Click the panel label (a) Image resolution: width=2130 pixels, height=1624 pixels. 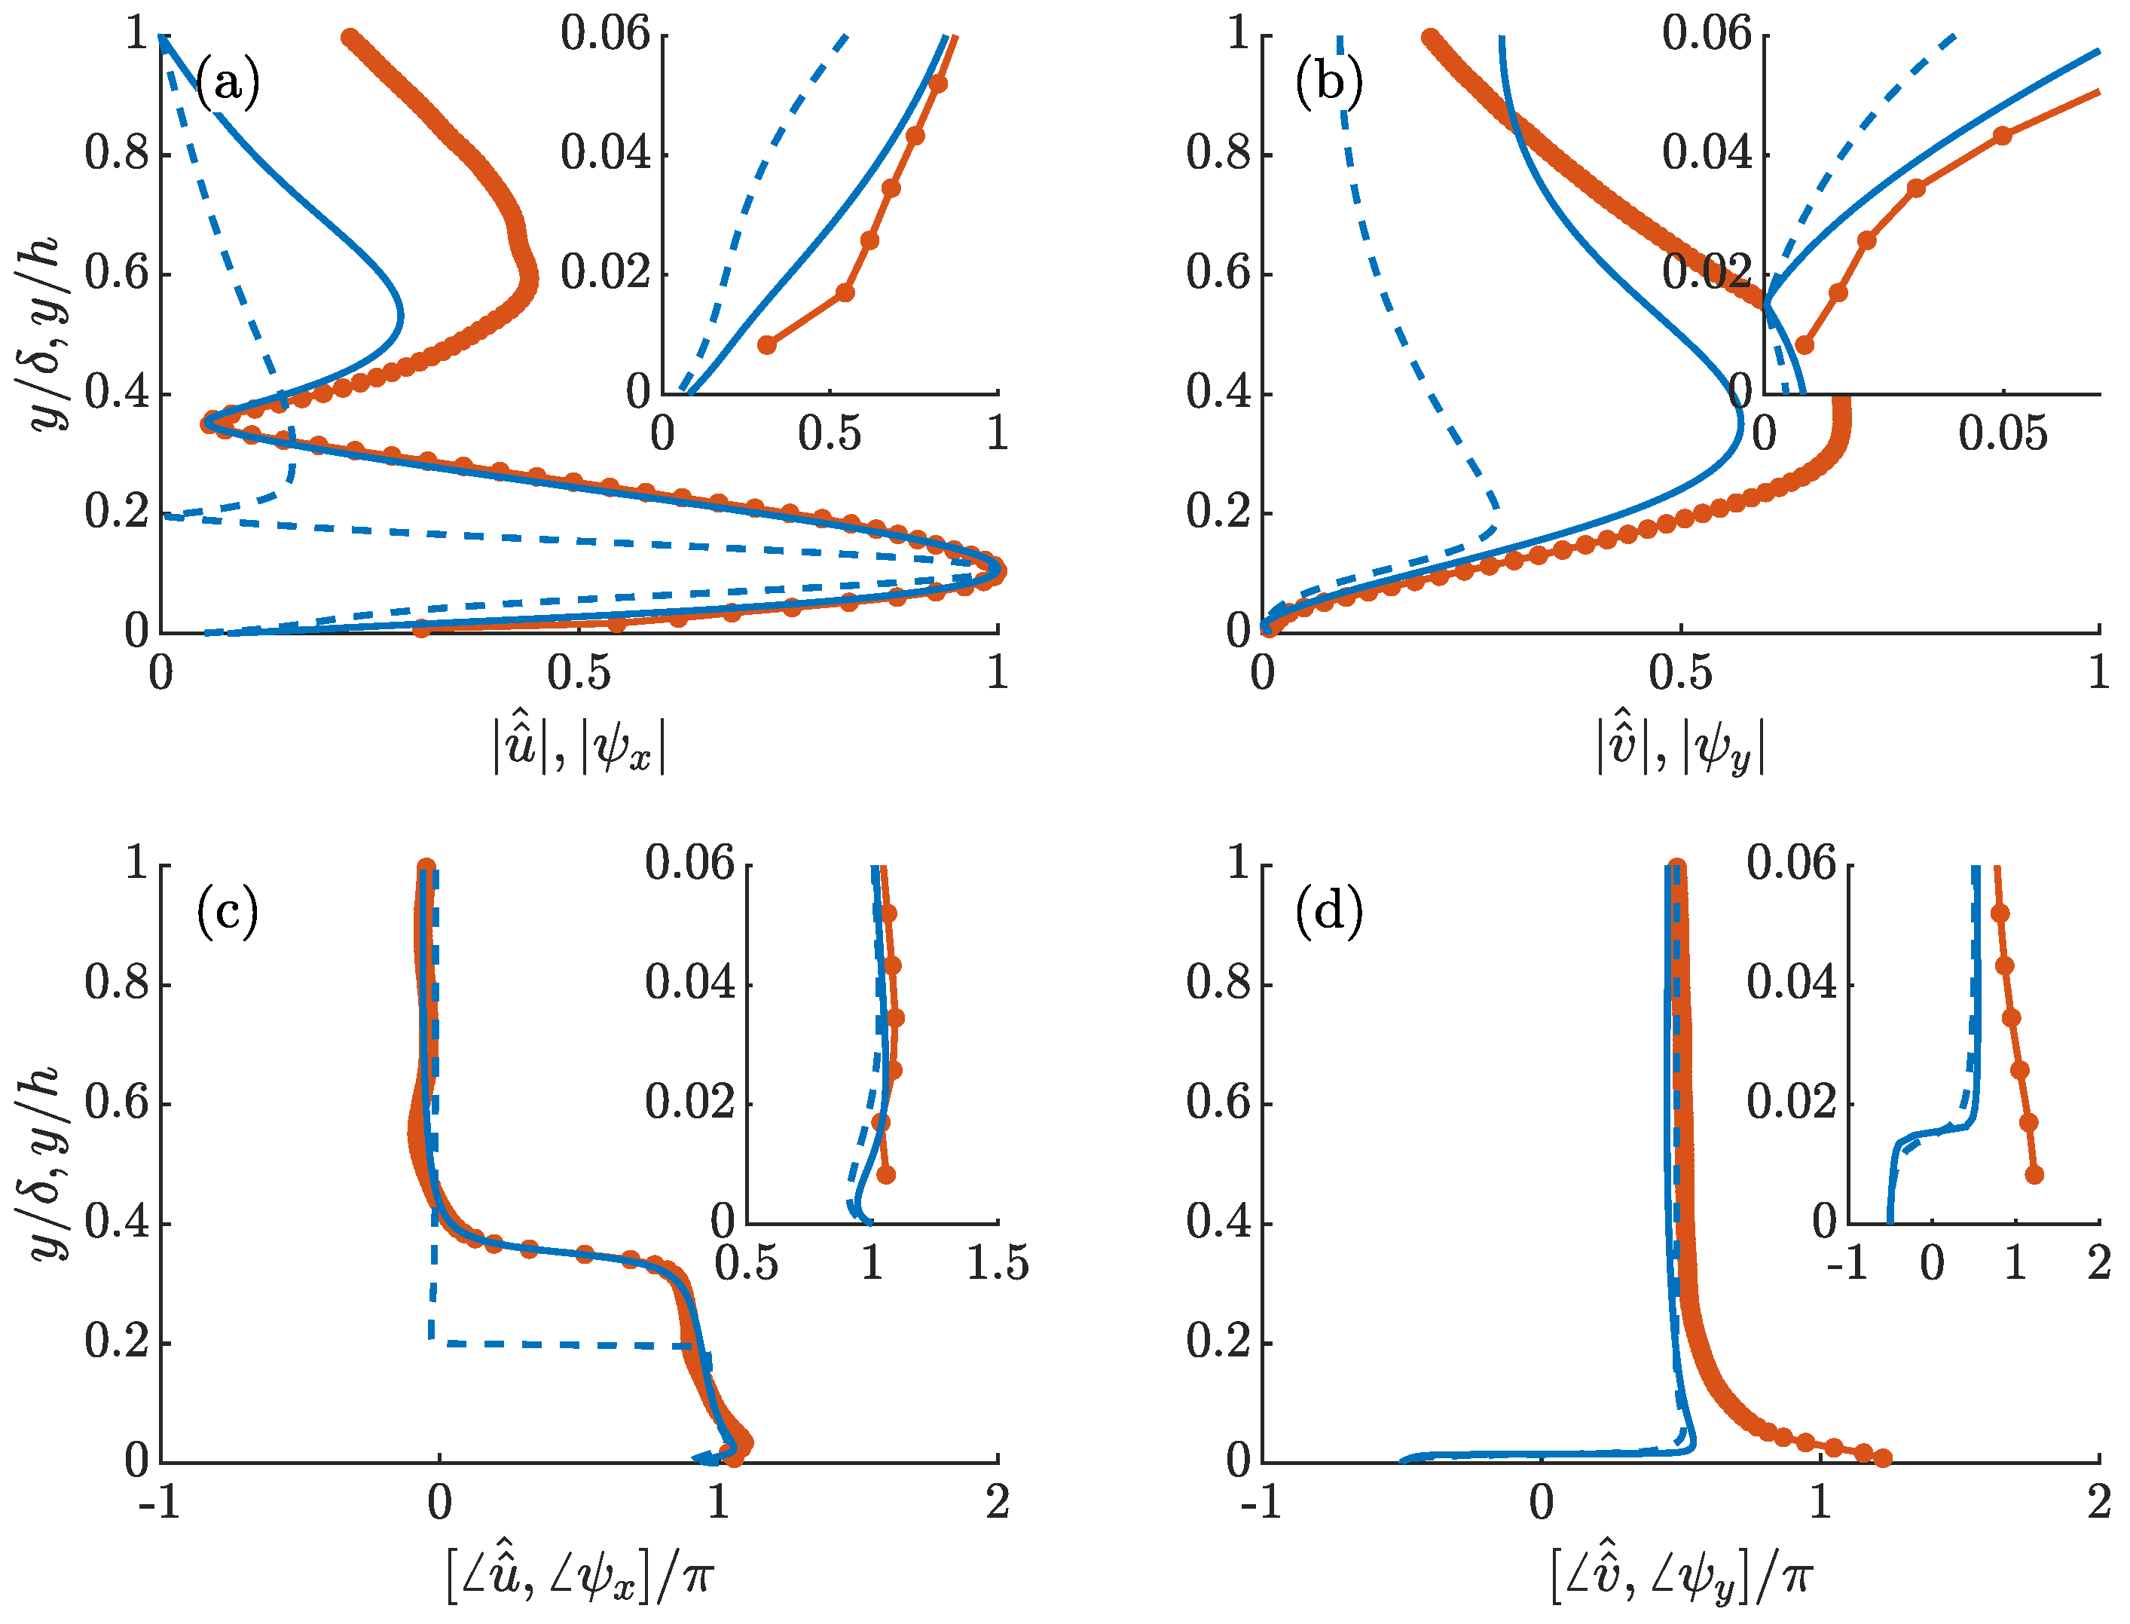click(x=228, y=83)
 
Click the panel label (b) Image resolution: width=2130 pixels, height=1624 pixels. click(x=1329, y=83)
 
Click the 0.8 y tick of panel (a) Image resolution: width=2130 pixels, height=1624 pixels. click(x=117, y=154)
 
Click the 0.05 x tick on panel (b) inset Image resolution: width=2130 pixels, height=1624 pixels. click(x=2003, y=434)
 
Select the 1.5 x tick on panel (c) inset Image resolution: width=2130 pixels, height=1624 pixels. click(x=998, y=1264)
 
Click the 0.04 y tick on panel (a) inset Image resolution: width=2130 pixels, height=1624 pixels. click(x=606, y=154)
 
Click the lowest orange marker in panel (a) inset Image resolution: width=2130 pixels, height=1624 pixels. click(x=766, y=345)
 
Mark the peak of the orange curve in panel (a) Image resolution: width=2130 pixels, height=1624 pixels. click(x=996, y=571)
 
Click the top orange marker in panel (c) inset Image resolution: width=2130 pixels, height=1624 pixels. click(x=888, y=913)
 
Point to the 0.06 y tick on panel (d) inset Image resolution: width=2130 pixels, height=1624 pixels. click(x=1790, y=863)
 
